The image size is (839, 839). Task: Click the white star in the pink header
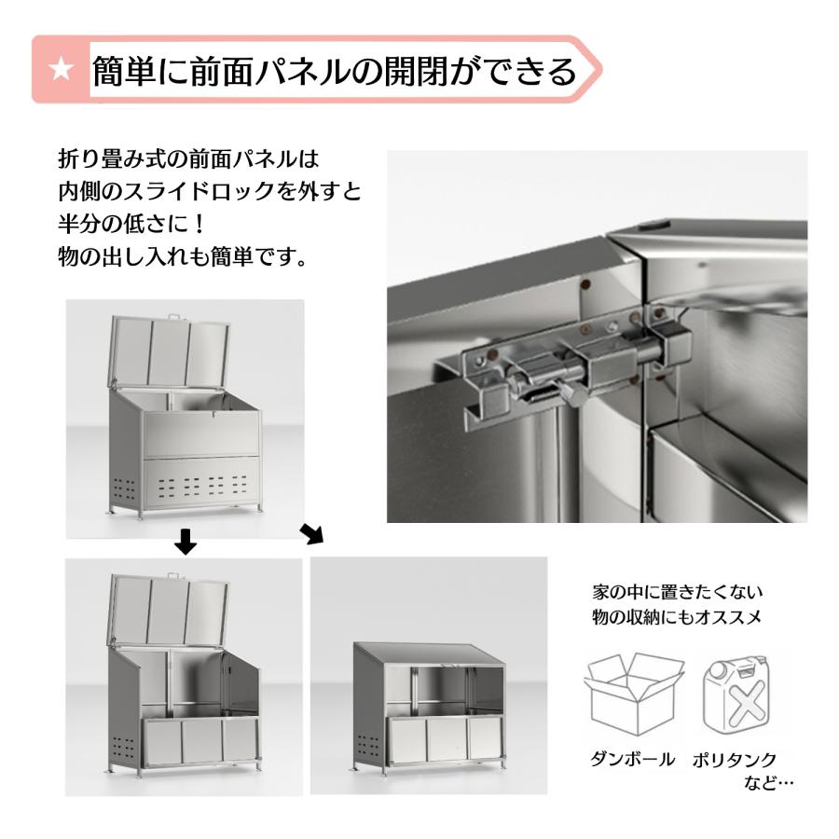click(x=62, y=70)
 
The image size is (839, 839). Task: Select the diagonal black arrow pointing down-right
click(x=311, y=534)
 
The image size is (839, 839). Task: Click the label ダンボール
click(x=632, y=760)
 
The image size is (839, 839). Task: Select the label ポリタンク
click(x=735, y=760)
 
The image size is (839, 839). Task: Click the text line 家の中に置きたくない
click(x=678, y=592)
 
